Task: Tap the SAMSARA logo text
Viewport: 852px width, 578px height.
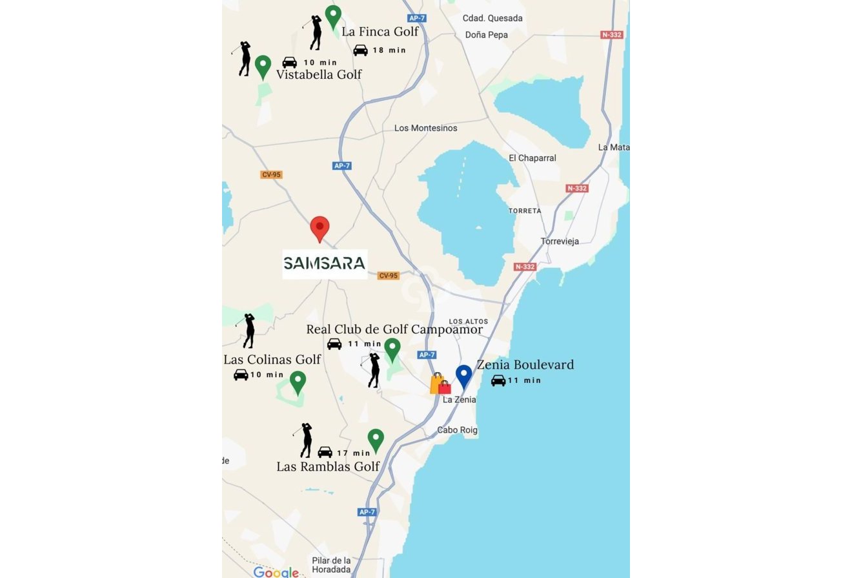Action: tap(325, 263)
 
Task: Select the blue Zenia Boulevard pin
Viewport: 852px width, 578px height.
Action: tap(463, 376)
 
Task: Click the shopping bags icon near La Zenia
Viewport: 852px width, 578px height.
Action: tap(440, 384)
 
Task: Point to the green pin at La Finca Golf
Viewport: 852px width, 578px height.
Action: tap(333, 17)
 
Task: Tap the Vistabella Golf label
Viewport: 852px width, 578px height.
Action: tap(319, 75)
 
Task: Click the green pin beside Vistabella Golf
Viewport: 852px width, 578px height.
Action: tap(263, 66)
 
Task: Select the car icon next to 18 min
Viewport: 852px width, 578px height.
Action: tap(360, 50)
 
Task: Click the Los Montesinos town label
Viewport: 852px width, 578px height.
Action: tap(425, 128)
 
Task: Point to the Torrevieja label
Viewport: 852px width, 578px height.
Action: tap(560, 242)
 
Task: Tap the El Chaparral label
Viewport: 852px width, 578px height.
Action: tap(532, 158)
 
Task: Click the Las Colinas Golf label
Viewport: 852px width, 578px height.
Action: tap(272, 360)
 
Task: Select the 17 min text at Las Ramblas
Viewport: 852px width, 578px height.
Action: tap(354, 453)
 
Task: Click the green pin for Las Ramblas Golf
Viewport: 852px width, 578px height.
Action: tap(376, 440)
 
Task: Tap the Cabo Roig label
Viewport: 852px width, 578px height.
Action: tap(457, 430)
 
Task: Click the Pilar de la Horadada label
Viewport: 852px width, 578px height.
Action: tap(331, 565)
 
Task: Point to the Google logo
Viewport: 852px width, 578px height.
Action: tap(276, 572)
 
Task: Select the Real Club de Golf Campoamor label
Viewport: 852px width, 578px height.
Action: tap(394, 330)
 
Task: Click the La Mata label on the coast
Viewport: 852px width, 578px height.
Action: tap(613, 147)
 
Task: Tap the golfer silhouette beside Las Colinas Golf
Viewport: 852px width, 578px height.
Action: tap(249, 331)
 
